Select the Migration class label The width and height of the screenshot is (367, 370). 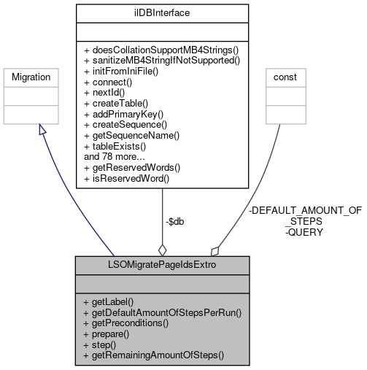(x=31, y=76)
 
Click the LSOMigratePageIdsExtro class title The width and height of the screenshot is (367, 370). (x=162, y=263)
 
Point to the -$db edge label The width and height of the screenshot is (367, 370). (x=174, y=221)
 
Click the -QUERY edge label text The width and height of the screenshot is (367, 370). (x=304, y=232)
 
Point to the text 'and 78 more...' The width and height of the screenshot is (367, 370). (x=116, y=155)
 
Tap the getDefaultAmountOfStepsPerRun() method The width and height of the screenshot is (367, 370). (x=162, y=312)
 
